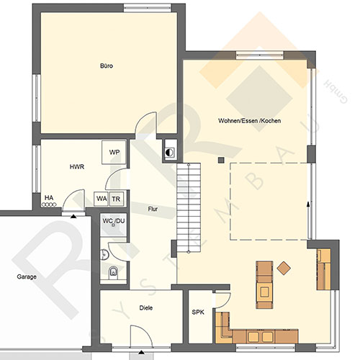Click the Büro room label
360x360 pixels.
click(x=107, y=66)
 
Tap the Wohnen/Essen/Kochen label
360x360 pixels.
click(x=250, y=120)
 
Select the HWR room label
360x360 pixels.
click(x=77, y=166)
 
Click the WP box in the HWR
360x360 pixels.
click(x=114, y=153)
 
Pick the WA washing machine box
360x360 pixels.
click(x=102, y=199)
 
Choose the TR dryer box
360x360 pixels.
click(x=117, y=199)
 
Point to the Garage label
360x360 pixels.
click(x=27, y=276)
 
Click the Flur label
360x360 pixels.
click(x=153, y=209)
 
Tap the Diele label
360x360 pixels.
click(x=146, y=307)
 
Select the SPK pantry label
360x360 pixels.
click(x=198, y=312)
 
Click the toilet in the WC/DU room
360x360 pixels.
click(x=113, y=272)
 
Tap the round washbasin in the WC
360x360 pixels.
click(x=104, y=254)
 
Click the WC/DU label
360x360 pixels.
click(x=114, y=221)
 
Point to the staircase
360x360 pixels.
click(x=189, y=207)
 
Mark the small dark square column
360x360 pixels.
click(x=221, y=161)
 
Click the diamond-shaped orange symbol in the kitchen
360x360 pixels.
click(x=284, y=268)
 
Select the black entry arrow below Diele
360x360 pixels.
click(x=142, y=352)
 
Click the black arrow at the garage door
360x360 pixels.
click(x=73, y=217)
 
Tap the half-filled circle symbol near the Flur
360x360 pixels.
click(x=169, y=153)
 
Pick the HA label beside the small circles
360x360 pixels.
click(x=49, y=198)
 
